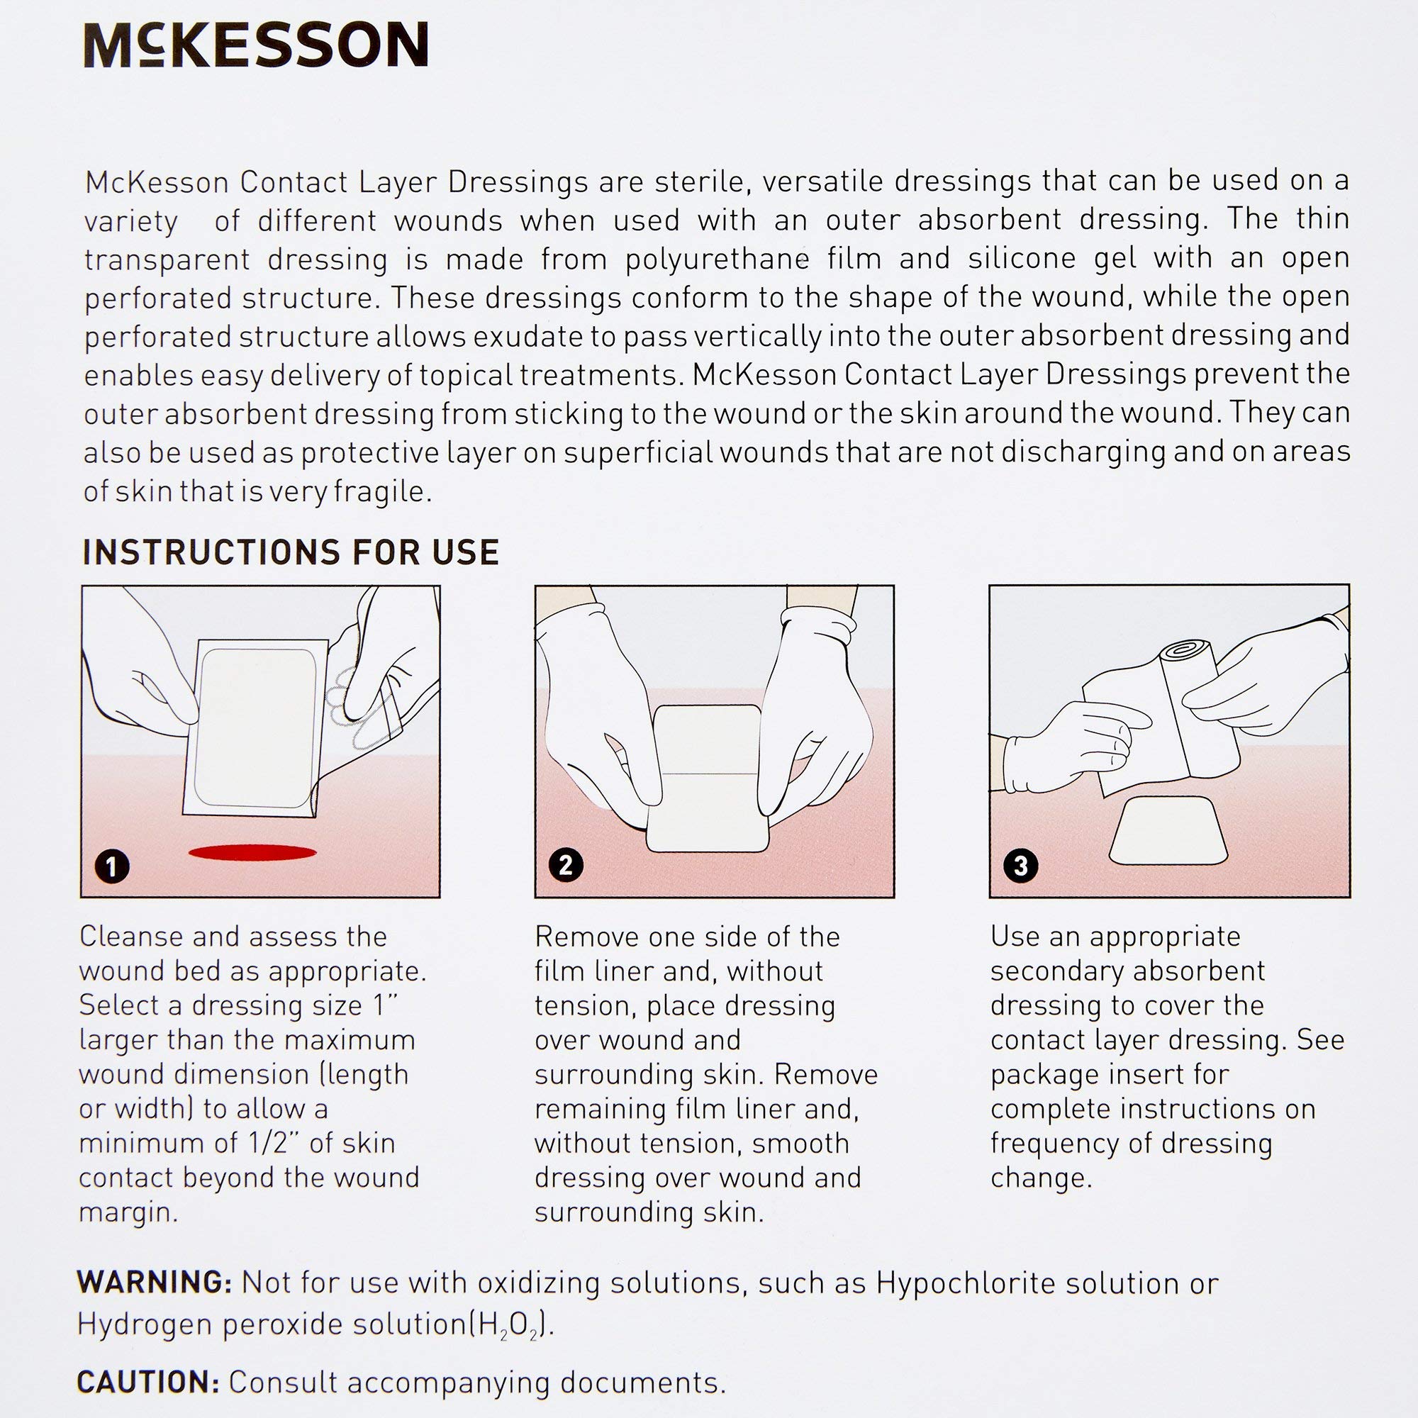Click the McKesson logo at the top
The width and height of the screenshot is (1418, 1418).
tap(256, 45)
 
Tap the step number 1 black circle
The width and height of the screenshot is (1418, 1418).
tap(112, 867)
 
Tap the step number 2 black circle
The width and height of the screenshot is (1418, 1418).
tap(566, 864)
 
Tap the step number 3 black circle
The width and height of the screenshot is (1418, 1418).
tap(1020, 864)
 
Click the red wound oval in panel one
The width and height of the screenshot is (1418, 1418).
tap(252, 852)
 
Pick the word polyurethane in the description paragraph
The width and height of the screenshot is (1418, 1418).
tap(717, 259)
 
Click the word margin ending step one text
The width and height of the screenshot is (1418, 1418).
tap(128, 1212)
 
